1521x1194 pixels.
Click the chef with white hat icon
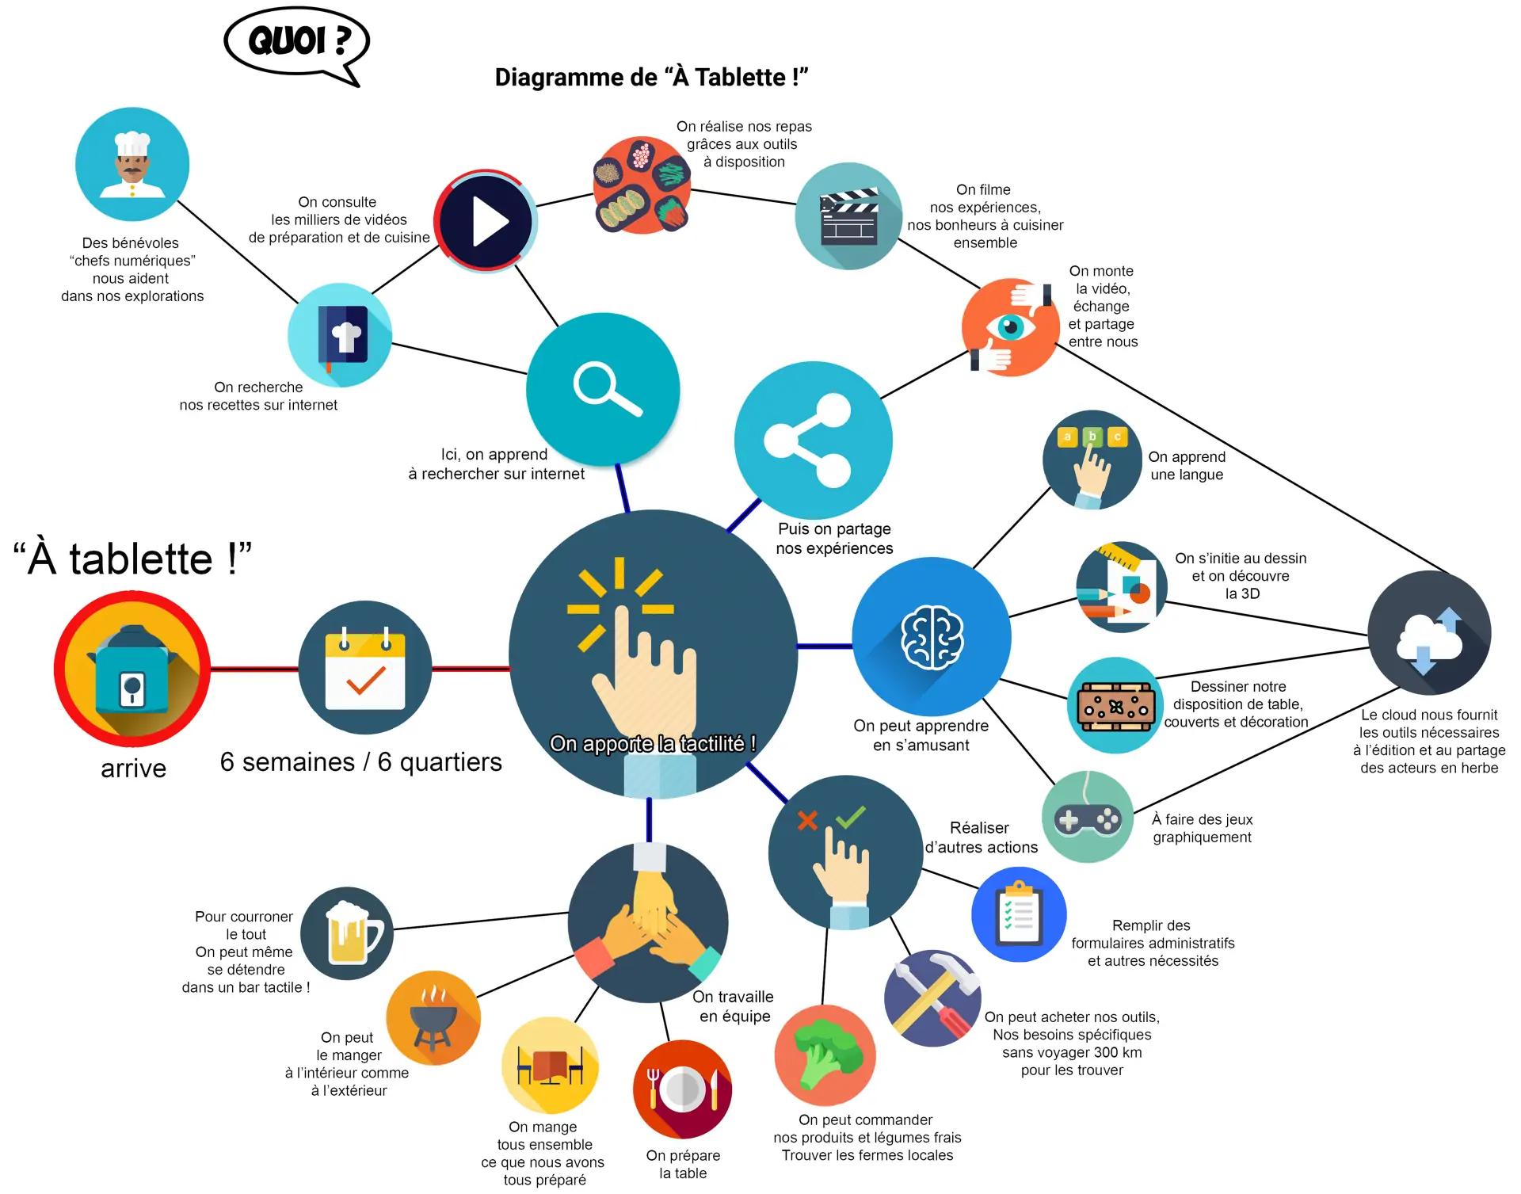pos(132,165)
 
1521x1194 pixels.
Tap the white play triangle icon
pos(486,220)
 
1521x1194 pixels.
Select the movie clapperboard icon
pos(848,216)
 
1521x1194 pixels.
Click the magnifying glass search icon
pos(604,388)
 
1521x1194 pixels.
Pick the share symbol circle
pos(813,441)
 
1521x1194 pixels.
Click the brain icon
pos(932,636)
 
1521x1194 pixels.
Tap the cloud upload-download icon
pos(1429,634)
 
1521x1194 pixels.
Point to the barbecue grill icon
pos(433,1017)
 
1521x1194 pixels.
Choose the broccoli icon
pos(825,1055)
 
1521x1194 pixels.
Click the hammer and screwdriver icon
pos(932,998)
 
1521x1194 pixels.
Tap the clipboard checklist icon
pos(1019,914)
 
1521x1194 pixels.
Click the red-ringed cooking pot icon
pos(132,669)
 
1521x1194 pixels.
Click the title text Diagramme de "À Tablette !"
pos(651,78)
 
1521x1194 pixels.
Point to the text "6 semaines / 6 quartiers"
pos(361,762)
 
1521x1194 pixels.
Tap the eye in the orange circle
pos(1010,326)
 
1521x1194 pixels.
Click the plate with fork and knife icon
pos(682,1089)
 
